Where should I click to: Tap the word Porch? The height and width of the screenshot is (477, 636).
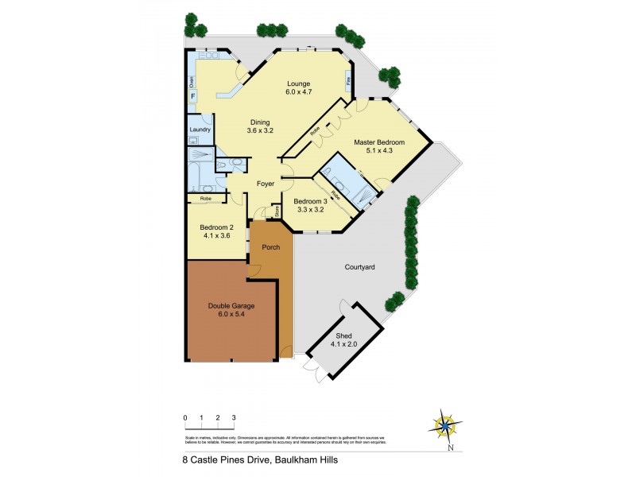point(271,247)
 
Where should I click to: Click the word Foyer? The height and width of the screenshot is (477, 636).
point(266,184)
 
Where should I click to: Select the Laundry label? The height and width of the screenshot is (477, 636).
point(200,129)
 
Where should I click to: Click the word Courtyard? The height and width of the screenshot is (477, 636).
point(359,267)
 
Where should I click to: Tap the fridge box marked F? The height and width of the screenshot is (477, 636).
point(192,96)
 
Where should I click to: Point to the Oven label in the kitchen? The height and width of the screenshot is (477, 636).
point(191,82)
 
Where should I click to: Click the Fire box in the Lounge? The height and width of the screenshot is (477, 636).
point(348,79)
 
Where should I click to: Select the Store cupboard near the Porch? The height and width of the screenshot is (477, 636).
point(277,211)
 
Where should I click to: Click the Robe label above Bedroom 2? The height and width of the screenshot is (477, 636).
point(205,198)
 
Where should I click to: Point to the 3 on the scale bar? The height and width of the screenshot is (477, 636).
point(234,417)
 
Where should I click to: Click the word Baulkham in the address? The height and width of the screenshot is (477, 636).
point(285,459)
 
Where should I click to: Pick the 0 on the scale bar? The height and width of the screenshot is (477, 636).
point(184,417)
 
